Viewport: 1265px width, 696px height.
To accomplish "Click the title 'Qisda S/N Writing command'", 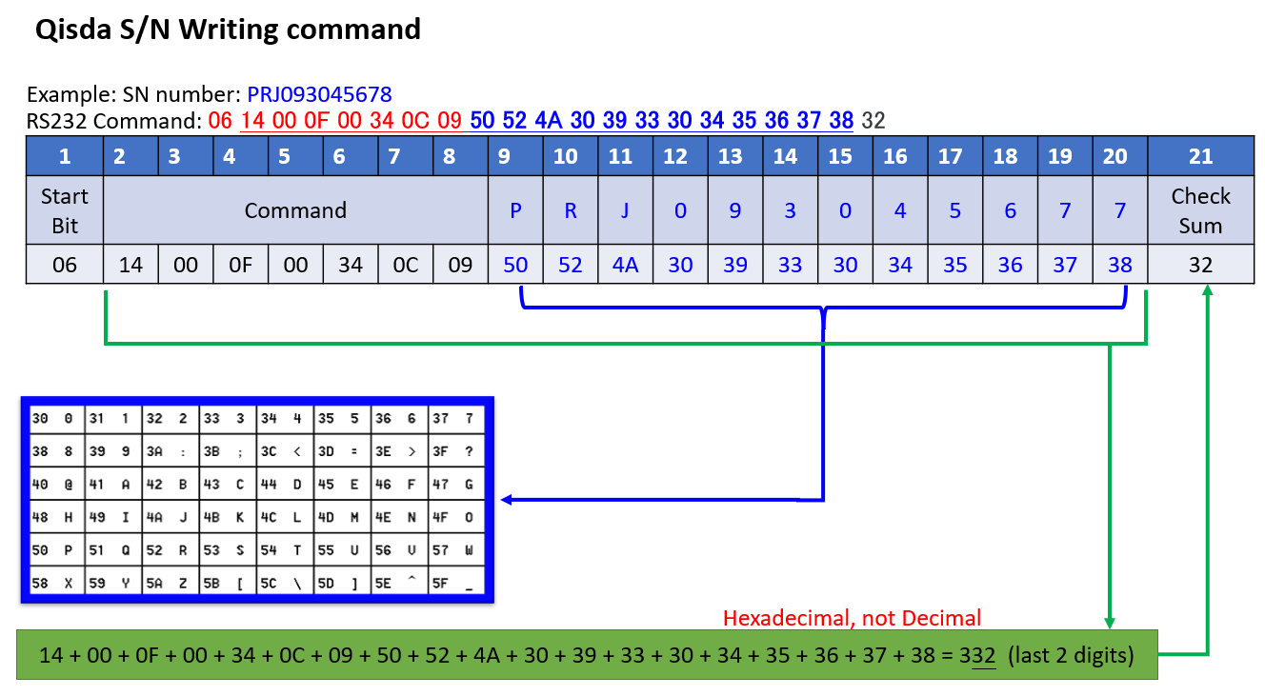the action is pyautogui.click(x=228, y=30).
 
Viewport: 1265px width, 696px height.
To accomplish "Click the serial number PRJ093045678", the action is pyautogui.click(x=319, y=94).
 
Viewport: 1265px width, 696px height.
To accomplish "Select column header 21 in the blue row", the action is pyautogui.click(x=1200, y=156).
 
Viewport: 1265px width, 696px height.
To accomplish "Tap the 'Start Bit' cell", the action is pyautogui.click(x=65, y=210).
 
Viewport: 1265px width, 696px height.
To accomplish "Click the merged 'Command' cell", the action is pyautogui.click(x=295, y=210).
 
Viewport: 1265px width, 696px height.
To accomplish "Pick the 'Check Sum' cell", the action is pyautogui.click(x=1200, y=210).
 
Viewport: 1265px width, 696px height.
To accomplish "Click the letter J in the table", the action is pyautogui.click(x=625, y=210).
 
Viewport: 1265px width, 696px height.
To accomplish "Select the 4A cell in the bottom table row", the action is pyautogui.click(x=625, y=264).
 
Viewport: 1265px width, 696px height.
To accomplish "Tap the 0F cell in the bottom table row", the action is pyautogui.click(x=241, y=264).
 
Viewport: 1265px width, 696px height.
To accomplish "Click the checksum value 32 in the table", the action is pyautogui.click(x=1200, y=264).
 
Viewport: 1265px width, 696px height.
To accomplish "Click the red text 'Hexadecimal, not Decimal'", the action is pyautogui.click(x=852, y=618).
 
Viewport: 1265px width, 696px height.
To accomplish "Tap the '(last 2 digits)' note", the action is pyautogui.click(x=1071, y=655).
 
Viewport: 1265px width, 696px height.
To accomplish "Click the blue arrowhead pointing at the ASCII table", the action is pyautogui.click(x=507, y=500).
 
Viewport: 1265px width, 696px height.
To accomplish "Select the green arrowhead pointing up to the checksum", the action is pyautogui.click(x=1208, y=289).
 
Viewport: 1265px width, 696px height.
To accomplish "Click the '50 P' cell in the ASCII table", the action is pyautogui.click(x=56, y=549).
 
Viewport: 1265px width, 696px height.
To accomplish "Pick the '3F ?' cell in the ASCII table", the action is pyautogui.click(x=456, y=451).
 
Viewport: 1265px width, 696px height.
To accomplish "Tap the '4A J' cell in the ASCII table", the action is pyautogui.click(x=171, y=517).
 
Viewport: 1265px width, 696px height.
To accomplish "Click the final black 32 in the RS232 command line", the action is pyautogui.click(x=873, y=121).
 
